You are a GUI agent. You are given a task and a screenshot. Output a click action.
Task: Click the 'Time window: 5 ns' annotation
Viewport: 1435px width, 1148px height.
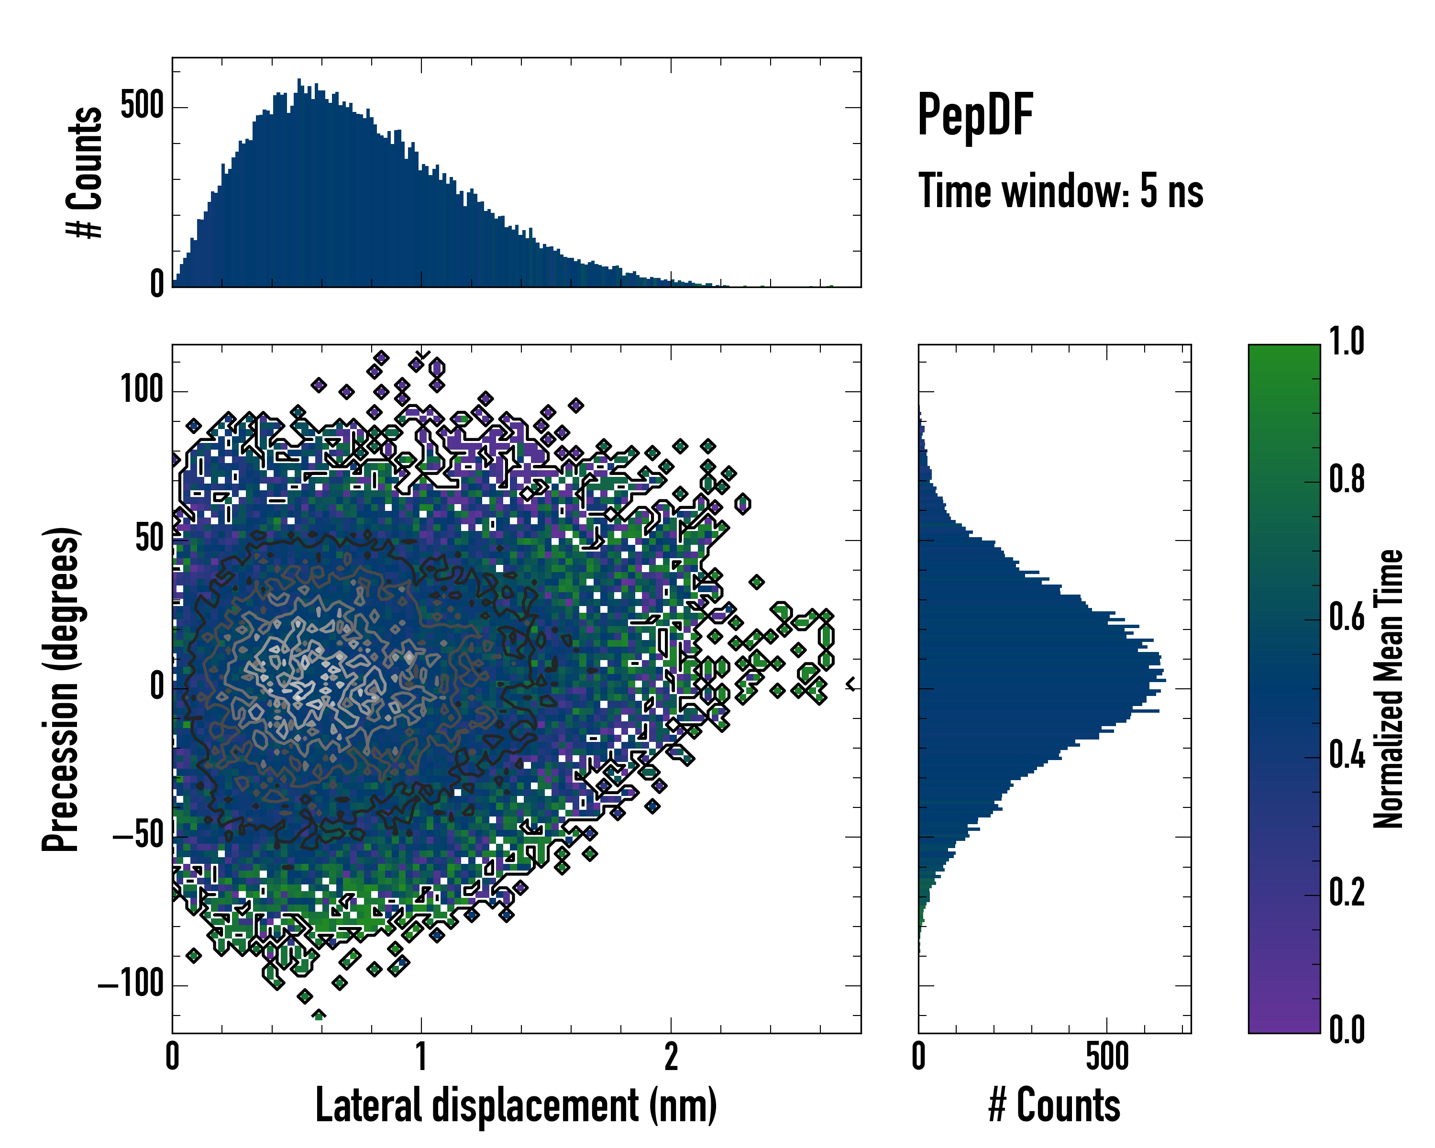click(x=1060, y=191)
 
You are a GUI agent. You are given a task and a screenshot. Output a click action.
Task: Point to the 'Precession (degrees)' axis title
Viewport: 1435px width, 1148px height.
click(x=61, y=689)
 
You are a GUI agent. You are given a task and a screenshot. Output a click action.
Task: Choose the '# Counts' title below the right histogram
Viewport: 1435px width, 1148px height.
click(x=1054, y=1105)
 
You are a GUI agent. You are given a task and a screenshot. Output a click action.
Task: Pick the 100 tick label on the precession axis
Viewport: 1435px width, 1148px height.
click(x=142, y=390)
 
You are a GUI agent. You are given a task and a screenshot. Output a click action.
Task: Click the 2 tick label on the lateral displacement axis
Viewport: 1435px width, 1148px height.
click(x=671, y=1057)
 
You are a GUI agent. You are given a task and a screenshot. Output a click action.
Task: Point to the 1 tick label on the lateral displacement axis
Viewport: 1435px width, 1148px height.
click(x=421, y=1057)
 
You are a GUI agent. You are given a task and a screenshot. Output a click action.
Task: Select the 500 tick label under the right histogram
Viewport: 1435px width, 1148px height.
click(x=1107, y=1057)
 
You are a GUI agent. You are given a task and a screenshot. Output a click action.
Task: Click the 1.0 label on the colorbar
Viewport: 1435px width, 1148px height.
click(x=1347, y=342)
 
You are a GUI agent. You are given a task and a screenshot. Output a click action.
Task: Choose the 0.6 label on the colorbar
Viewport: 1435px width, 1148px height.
click(x=1347, y=617)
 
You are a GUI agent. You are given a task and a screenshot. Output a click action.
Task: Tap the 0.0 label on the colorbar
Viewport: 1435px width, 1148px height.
click(x=1347, y=1029)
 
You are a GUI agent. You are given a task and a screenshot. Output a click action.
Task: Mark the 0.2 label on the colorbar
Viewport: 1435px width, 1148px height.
click(x=1347, y=893)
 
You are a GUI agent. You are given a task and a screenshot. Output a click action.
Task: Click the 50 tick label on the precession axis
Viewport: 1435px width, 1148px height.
click(x=150, y=539)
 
